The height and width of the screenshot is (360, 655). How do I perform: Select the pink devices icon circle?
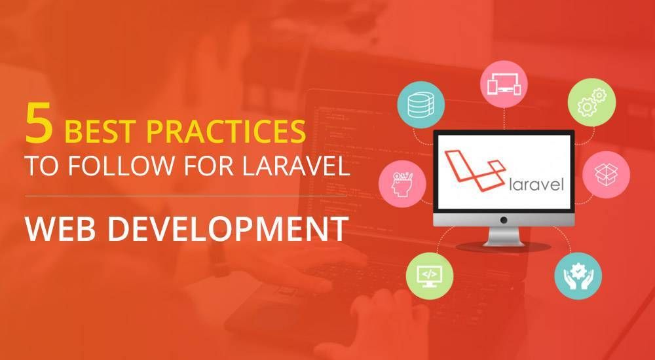click(504, 83)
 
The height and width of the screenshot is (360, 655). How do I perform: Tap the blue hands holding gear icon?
click(578, 276)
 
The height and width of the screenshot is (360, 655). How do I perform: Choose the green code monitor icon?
click(430, 274)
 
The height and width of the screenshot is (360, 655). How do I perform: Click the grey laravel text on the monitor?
click(535, 183)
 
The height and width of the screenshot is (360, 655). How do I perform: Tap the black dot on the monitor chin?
click(504, 220)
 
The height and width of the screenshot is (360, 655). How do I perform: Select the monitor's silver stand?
click(504, 237)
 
